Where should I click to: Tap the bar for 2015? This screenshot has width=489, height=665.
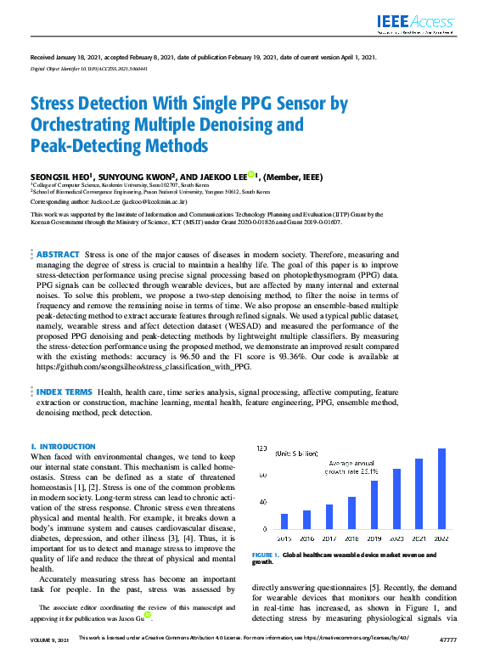coord(284,521)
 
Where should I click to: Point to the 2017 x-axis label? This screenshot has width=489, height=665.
coord(329,537)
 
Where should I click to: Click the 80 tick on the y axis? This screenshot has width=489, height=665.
coord(262,475)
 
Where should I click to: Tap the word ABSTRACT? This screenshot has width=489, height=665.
coord(58,254)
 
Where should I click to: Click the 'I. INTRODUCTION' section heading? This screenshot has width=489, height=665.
coord(63,446)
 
